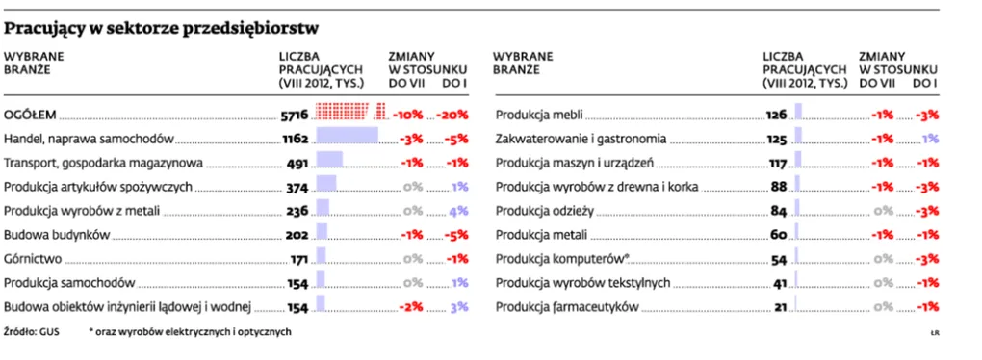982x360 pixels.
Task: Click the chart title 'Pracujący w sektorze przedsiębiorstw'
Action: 162,28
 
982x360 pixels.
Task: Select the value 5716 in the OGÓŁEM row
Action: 294,115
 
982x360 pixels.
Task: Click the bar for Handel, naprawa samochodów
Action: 348,137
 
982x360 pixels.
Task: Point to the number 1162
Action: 294,139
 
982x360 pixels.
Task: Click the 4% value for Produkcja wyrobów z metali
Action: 458,211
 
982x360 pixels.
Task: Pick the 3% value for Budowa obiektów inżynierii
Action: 458,307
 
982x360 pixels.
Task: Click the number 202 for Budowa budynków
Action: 297,235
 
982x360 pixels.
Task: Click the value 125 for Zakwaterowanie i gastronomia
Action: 776,139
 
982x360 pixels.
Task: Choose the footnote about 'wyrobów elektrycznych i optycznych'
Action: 189,332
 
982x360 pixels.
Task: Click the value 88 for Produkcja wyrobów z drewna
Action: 779,187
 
